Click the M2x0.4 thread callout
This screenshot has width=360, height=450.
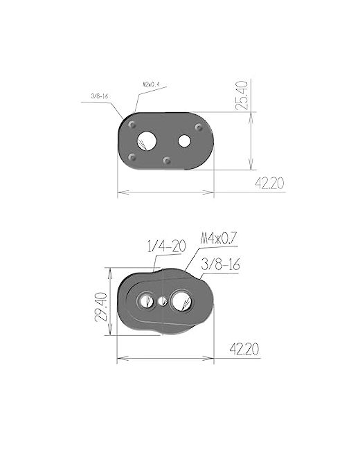151,84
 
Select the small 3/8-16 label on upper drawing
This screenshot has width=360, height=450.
100,96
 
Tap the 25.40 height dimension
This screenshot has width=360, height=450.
241,96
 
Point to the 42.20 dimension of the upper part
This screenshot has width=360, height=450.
269,183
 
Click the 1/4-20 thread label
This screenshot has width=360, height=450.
167,246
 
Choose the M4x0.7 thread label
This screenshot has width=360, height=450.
219,238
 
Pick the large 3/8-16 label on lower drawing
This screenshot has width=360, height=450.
220,265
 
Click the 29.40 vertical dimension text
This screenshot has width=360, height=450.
101,307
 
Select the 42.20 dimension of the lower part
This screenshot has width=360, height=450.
244,349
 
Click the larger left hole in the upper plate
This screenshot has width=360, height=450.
146,141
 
